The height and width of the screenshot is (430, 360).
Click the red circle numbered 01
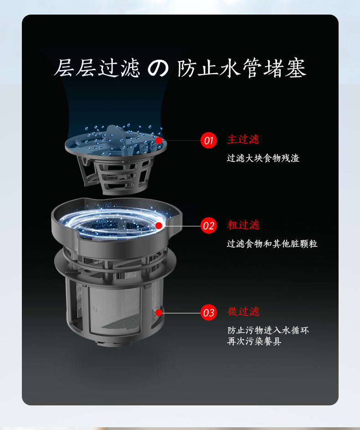[209, 140]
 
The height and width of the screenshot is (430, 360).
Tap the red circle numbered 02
[209, 225]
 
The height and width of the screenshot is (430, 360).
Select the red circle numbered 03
[209, 312]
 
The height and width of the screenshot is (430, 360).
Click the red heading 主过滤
[243, 139]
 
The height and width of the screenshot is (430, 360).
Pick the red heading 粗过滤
[243, 225]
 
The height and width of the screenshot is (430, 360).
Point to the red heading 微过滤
[243, 312]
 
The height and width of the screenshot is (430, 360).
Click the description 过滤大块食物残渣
[263, 158]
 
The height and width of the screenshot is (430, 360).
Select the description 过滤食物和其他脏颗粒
[272, 244]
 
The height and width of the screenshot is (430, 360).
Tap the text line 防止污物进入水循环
[268, 330]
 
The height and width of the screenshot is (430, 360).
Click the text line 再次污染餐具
[254, 341]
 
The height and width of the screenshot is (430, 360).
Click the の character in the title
[158, 68]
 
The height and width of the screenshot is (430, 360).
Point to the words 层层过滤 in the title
[97, 68]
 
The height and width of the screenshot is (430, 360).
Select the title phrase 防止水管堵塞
[242, 68]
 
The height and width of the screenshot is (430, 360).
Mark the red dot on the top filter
[159, 140]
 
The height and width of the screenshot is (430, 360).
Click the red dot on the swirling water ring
[159, 225]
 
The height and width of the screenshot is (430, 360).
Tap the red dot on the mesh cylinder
[159, 312]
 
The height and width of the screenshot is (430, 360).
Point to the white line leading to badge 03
[181, 312]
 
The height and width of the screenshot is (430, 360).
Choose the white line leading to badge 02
[181, 225]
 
